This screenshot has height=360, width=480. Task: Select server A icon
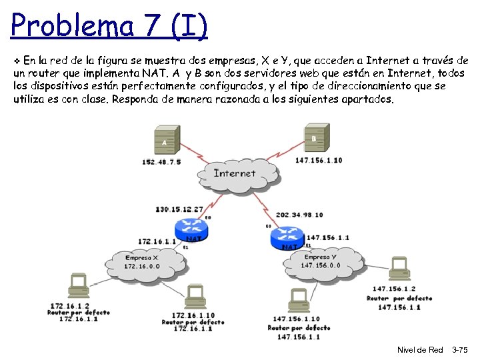pyautogui.click(x=164, y=141)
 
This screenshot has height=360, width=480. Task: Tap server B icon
pyautogui.click(x=314, y=139)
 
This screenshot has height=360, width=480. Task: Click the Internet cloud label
pyautogui.click(x=234, y=173)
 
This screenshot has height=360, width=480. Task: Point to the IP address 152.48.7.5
pyautogui.click(x=161, y=161)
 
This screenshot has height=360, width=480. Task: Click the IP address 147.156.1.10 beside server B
pyautogui.click(x=319, y=160)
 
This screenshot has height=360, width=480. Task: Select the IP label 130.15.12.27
pyautogui.click(x=179, y=209)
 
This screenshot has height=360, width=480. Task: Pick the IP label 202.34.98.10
pyautogui.click(x=299, y=215)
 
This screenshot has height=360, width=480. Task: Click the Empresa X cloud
pyautogui.click(x=142, y=262)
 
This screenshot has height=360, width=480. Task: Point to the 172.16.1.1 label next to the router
pyautogui.click(x=157, y=241)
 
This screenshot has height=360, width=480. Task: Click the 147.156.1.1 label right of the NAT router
pyautogui.click(x=327, y=237)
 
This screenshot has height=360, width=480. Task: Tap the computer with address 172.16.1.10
pyautogui.click(x=195, y=297)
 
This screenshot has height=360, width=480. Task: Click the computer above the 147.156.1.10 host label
pyautogui.click(x=298, y=301)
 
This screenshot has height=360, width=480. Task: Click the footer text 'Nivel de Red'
pyautogui.click(x=420, y=350)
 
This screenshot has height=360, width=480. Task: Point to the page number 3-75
pyautogui.click(x=460, y=350)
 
